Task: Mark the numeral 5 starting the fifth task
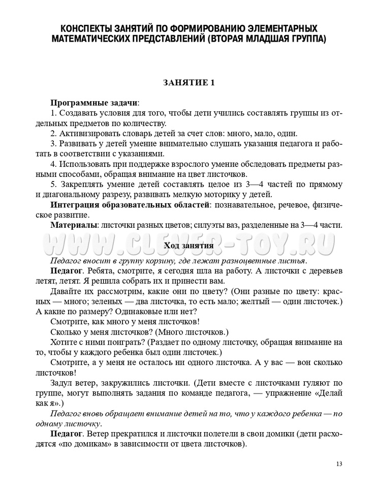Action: click(x=53, y=184)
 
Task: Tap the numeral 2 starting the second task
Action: click(x=53, y=133)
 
